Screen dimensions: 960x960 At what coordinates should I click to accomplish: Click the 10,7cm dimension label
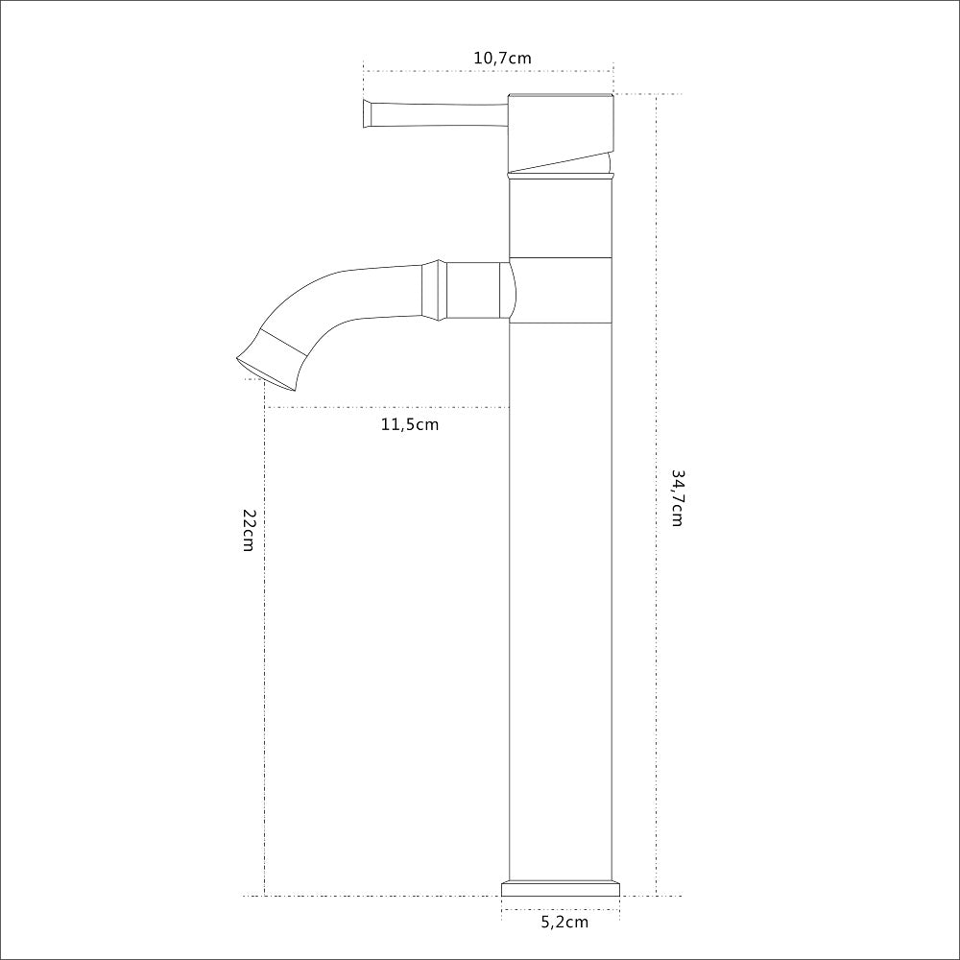click(503, 59)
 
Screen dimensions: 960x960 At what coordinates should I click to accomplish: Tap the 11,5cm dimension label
click(410, 424)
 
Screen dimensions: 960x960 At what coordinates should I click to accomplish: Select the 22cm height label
click(249, 530)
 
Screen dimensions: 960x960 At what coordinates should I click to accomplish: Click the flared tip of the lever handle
click(368, 114)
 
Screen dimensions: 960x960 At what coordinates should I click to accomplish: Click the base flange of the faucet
click(561, 888)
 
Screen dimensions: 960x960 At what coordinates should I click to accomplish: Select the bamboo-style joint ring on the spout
click(434, 290)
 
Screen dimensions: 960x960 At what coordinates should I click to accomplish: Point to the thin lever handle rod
click(441, 114)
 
